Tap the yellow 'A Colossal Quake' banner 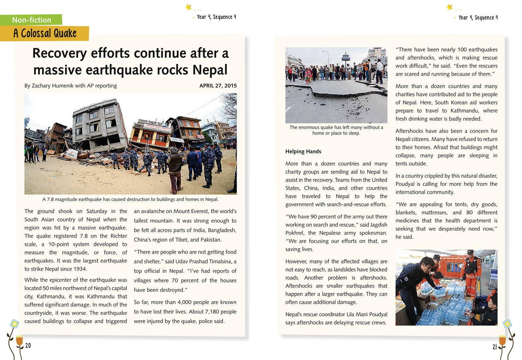point(45,33)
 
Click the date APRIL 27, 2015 point(218,86)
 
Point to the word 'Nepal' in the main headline point(210,70)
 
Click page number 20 point(28,345)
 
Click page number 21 point(495,347)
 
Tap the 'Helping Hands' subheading point(303,151)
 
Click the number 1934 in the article point(80,269)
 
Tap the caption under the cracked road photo point(336,130)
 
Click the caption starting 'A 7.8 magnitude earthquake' point(130,199)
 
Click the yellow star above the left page point(188,7)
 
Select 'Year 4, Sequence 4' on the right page point(478,17)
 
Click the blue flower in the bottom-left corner point(14,324)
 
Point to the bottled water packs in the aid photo point(442,306)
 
